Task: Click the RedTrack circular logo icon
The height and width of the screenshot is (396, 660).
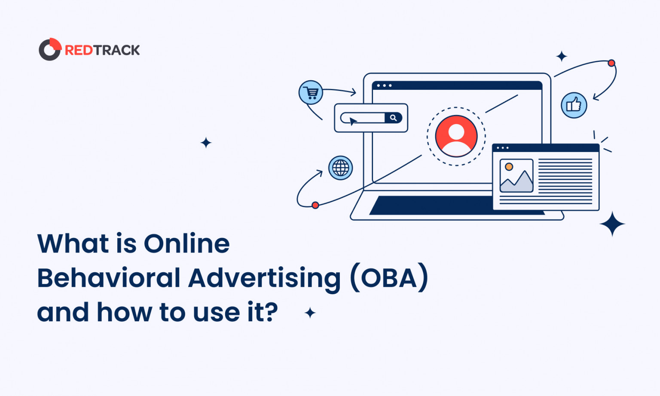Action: click(x=50, y=49)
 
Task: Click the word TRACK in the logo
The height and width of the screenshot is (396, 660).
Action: click(x=117, y=50)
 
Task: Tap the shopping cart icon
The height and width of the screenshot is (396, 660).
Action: click(x=311, y=92)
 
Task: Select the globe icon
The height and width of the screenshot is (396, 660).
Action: click(x=341, y=168)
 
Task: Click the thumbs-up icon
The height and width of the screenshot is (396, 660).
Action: click(x=574, y=105)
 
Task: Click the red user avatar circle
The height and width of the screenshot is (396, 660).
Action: click(x=456, y=136)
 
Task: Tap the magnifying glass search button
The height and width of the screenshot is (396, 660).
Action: click(x=393, y=118)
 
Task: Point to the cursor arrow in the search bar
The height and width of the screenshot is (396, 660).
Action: click(x=353, y=121)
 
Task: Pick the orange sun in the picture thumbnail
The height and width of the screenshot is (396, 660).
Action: click(x=509, y=167)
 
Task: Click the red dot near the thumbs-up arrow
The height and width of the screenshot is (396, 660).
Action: click(x=611, y=63)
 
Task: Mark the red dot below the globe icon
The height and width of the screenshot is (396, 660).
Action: click(x=315, y=205)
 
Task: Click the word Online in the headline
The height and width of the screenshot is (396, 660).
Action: click(x=186, y=244)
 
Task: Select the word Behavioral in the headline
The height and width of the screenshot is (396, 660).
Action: click(x=109, y=278)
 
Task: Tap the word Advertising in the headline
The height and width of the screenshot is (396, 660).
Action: click(x=264, y=279)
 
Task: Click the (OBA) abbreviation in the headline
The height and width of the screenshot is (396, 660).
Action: click(x=389, y=278)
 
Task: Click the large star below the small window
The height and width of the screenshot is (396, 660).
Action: click(x=612, y=224)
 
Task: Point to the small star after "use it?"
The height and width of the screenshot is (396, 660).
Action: click(x=310, y=313)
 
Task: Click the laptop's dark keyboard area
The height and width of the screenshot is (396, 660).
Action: click(x=430, y=206)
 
